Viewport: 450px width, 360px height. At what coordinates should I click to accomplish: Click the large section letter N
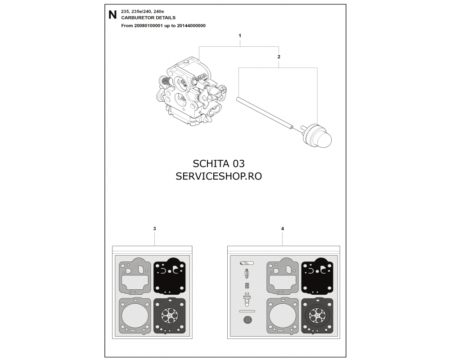pyautogui.click(x=112, y=15)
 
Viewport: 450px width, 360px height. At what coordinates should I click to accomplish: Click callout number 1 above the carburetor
pyautogui.click(x=240, y=36)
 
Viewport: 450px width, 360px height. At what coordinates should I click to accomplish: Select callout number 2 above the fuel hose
pyautogui.click(x=279, y=57)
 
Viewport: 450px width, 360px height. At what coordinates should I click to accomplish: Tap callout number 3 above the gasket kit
pyautogui.click(x=155, y=229)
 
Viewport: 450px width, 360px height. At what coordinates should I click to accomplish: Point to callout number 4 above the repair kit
pyautogui.click(x=283, y=229)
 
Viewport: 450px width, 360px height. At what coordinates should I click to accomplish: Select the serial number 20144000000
pyautogui.click(x=191, y=26)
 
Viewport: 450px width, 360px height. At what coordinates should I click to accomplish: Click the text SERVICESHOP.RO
pyautogui.click(x=219, y=176)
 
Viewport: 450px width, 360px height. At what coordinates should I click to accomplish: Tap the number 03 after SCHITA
pyautogui.click(x=238, y=164)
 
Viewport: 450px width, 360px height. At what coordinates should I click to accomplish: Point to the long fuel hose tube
pyautogui.click(x=265, y=112)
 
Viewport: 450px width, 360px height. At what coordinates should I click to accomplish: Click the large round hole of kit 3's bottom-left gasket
pyautogui.click(x=134, y=315)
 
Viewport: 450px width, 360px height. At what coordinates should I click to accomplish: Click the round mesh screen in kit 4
pyautogui.click(x=247, y=319)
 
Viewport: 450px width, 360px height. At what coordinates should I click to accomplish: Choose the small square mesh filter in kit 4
pyautogui.click(x=247, y=286)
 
